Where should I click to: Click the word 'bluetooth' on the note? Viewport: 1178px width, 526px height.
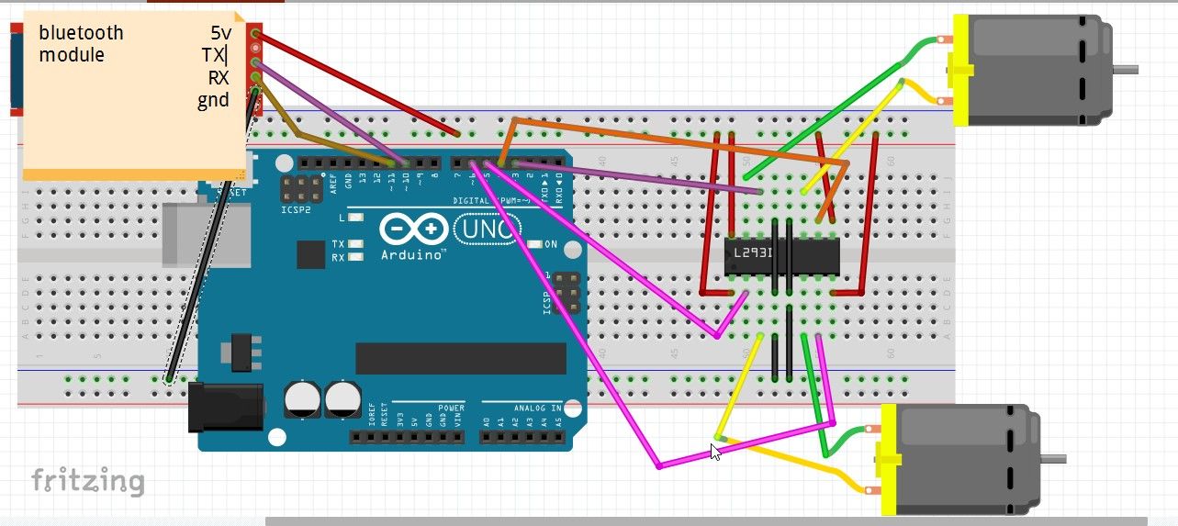point(81,33)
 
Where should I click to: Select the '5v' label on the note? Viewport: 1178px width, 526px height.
point(220,33)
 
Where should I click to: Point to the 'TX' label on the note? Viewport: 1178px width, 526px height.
point(215,55)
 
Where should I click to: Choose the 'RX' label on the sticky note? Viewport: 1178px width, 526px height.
point(218,78)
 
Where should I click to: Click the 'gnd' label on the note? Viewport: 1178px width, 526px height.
point(213,100)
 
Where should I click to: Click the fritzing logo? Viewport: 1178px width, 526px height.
point(87,480)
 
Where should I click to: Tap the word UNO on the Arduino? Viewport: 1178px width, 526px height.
point(487,229)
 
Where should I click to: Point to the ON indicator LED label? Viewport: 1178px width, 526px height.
point(551,244)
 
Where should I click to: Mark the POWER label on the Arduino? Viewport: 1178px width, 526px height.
point(451,407)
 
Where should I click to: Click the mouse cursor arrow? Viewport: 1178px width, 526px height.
point(713,449)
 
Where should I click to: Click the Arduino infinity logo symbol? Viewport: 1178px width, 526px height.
point(411,229)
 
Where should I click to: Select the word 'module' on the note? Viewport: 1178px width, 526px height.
point(71,55)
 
